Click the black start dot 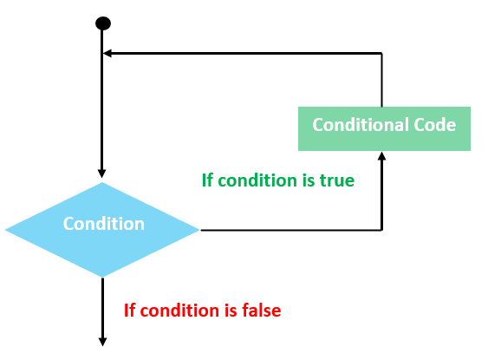click(102, 23)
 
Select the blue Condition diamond click(102, 229)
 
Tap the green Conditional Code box click(383, 128)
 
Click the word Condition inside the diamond click(103, 224)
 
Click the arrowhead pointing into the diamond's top click(102, 173)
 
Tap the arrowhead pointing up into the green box click(382, 157)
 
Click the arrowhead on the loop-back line click(108, 54)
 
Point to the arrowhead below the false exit click(102, 340)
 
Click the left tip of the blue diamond click(7, 230)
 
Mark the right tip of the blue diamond click(198, 230)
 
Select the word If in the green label click(207, 180)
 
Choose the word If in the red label click(130, 310)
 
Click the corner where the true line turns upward click(382, 230)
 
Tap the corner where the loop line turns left click(382, 54)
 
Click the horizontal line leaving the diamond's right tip click(286, 230)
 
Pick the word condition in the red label click(179, 310)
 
